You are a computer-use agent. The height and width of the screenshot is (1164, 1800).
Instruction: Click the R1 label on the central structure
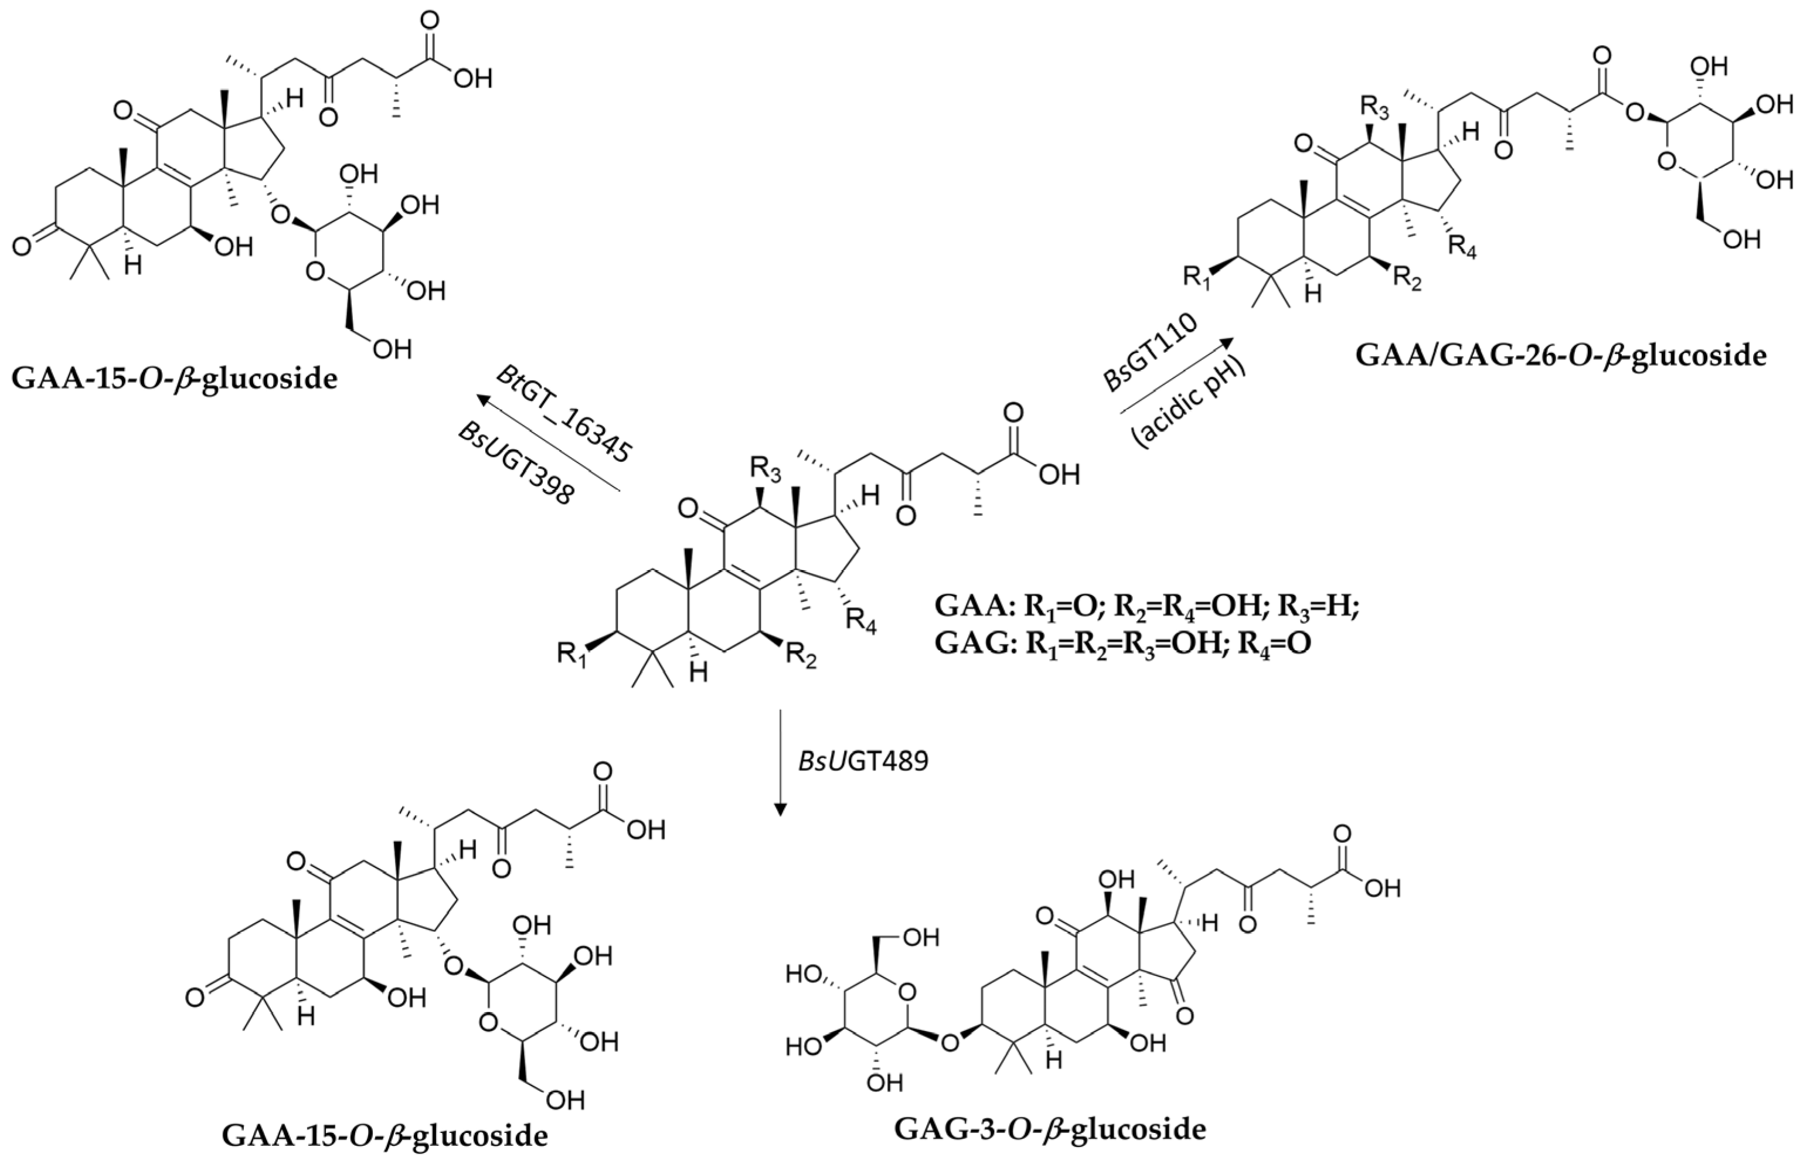pyautogui.click(x=572, y=652)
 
